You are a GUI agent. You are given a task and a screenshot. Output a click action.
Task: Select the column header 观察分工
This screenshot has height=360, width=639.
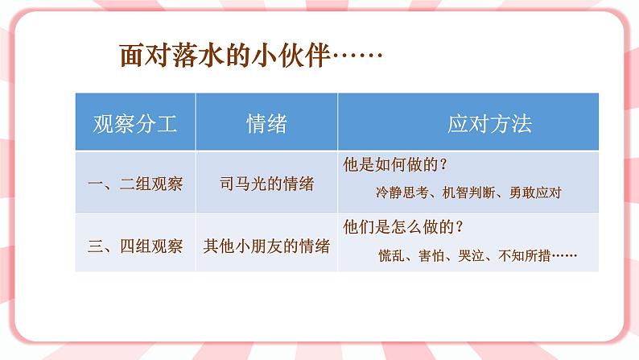pyautogui.click(x=134, y=123)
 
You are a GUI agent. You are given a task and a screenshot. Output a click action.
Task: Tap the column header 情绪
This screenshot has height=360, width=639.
pyautogui.click(x=266, y=123)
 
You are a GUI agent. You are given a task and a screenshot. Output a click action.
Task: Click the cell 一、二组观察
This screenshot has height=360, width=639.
pyautogui.click(x=134, y=183)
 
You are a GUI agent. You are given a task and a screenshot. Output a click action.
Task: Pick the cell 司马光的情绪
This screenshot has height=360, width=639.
pyautogui.click(x=266, y=183)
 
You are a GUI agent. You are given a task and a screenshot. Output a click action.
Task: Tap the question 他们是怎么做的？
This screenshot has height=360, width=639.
pyautogui.click(x=402, y=227)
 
